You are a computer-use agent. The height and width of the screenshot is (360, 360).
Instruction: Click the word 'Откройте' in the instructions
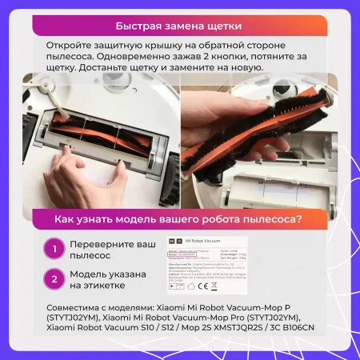(x=70, y=48)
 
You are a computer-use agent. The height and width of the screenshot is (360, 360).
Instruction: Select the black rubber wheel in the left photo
(x=169, y=175)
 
